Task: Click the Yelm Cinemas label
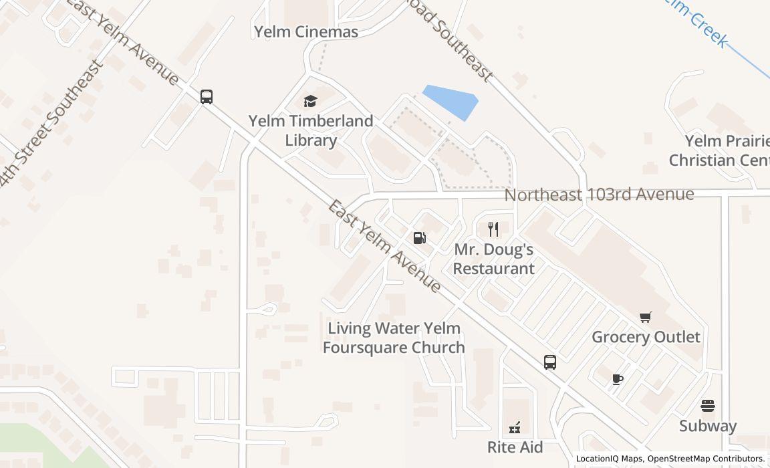306,31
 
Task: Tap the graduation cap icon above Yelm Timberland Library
310,101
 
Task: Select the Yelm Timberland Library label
311,130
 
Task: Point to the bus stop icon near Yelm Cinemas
207,96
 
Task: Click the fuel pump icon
420,238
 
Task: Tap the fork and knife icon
493,229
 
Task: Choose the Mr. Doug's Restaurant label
494,259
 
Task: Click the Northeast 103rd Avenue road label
599,194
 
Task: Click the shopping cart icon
645,318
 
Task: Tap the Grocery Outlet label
646,336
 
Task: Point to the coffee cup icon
618,380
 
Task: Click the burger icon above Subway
708,406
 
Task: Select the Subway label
708,426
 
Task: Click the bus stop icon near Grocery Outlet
550,362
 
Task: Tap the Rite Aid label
515,447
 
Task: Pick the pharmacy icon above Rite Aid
515,427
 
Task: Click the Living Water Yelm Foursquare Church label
394,338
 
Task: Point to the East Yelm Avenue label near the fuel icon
384,246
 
